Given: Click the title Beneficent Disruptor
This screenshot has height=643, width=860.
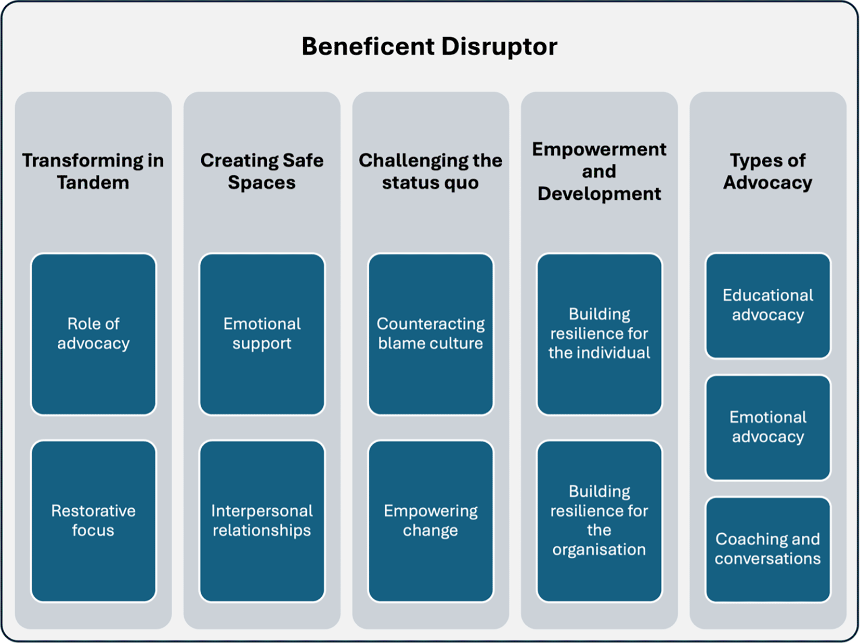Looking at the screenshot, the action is point(429,47).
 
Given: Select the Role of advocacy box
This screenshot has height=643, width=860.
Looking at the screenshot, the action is point(93,334).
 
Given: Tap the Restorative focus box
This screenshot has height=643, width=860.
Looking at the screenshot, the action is point(93,521).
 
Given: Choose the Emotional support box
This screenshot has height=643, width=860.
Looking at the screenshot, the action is point(262,334).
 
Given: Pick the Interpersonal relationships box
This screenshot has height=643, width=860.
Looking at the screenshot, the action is point(262,521).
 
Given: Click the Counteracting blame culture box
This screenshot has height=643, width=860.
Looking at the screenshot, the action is point(431,334).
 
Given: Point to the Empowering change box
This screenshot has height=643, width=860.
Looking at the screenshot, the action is point(431,521).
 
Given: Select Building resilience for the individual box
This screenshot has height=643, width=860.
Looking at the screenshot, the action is point(600,334).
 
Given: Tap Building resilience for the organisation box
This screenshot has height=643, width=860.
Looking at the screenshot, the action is point(600,521).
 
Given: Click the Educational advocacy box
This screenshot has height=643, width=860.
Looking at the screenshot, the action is point(768,305).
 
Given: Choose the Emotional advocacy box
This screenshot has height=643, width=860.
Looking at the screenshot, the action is point(768,428).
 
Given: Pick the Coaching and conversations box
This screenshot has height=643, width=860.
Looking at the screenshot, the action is point(768,549).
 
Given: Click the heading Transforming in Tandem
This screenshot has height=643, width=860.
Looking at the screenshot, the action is point(93,172).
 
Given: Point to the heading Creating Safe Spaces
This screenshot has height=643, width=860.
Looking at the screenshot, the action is point(262,172).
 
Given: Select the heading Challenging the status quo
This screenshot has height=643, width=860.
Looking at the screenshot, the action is point(431,172).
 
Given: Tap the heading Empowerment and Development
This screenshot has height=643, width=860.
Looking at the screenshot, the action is point(600,171).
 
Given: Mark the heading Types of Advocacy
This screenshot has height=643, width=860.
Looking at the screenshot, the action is point(768,172).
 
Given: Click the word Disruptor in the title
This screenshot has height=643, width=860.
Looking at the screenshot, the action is point(500,47).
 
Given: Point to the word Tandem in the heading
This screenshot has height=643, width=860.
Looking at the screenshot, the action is point(93,183).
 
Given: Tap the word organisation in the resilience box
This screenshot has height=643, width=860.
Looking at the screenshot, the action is point(600,550).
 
